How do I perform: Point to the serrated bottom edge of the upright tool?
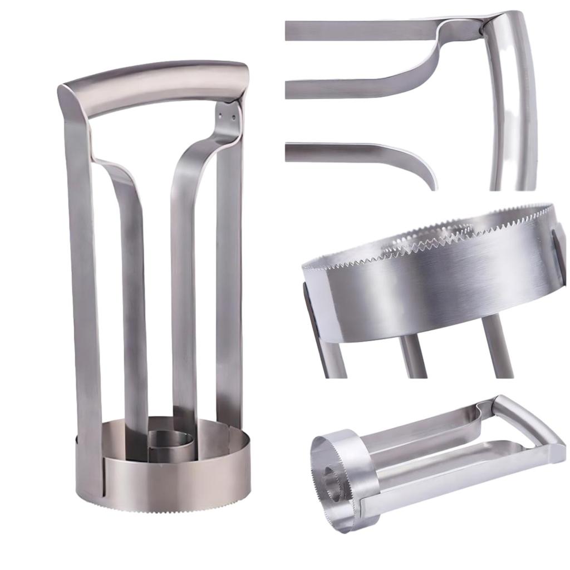point(167,509)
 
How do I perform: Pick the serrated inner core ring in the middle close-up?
point(423,236)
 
